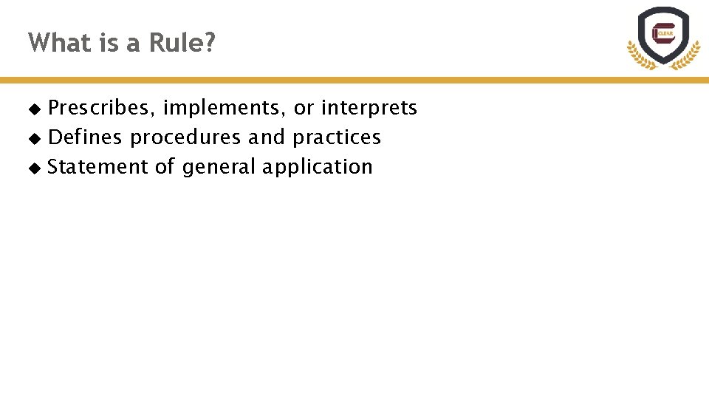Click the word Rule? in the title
point(182,43)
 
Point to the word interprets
point(369,109)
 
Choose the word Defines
point(86,137)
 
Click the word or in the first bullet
point(304,109)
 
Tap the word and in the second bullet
point(266,137)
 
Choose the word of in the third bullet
point(163,167)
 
